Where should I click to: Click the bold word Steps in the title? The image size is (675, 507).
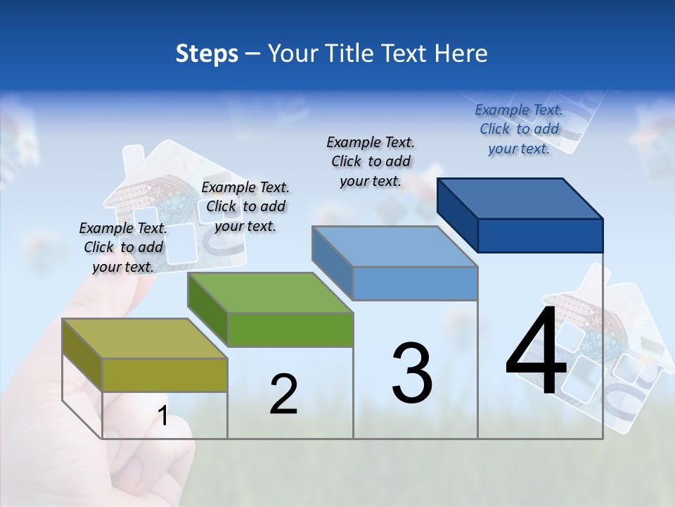tap(207, 54)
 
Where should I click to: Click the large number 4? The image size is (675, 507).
tap(536, 351)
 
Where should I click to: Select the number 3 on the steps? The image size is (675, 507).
tap(412, 373)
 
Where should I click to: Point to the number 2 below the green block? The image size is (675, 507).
tap(283, 394)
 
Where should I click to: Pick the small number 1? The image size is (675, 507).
tap(163, 416)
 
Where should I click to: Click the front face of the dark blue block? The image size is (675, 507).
tap(540, 235)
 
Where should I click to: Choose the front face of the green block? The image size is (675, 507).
tap(290, 330)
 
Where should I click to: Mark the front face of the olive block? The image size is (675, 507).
tap(165, 375)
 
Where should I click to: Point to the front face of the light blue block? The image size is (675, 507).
tap(415, 283)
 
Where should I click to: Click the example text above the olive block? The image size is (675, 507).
tap(123, 247)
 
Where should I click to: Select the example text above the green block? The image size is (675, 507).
tap(245, 206)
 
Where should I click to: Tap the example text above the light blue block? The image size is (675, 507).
tap(371, 161)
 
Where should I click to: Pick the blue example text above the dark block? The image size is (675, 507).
tap(519, 129)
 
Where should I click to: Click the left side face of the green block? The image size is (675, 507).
tap(208, 310)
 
